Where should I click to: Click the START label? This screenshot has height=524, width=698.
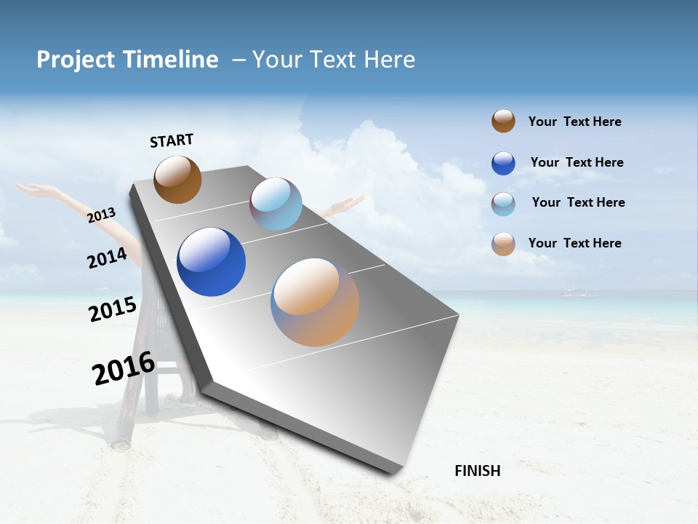172,140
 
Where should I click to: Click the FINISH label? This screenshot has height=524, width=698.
477,471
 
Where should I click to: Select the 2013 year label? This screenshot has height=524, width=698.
102,215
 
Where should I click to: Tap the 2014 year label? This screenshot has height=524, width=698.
107,258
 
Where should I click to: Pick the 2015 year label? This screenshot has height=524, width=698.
112,309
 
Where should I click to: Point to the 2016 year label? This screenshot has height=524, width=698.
124,368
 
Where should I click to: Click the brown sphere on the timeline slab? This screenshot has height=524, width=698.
177,179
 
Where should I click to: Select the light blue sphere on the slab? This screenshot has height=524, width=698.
276,203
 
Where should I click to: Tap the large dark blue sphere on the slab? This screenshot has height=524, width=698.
211,262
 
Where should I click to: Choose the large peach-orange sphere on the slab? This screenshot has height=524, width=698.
315,302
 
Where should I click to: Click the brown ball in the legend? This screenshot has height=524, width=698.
503,121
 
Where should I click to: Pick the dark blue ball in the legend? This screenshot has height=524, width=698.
503,163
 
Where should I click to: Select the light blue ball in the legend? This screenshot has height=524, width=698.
503,204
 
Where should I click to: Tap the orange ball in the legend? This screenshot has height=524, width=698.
503,244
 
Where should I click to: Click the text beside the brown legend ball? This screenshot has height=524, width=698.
574,122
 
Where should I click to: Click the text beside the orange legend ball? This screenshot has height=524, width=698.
574,243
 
